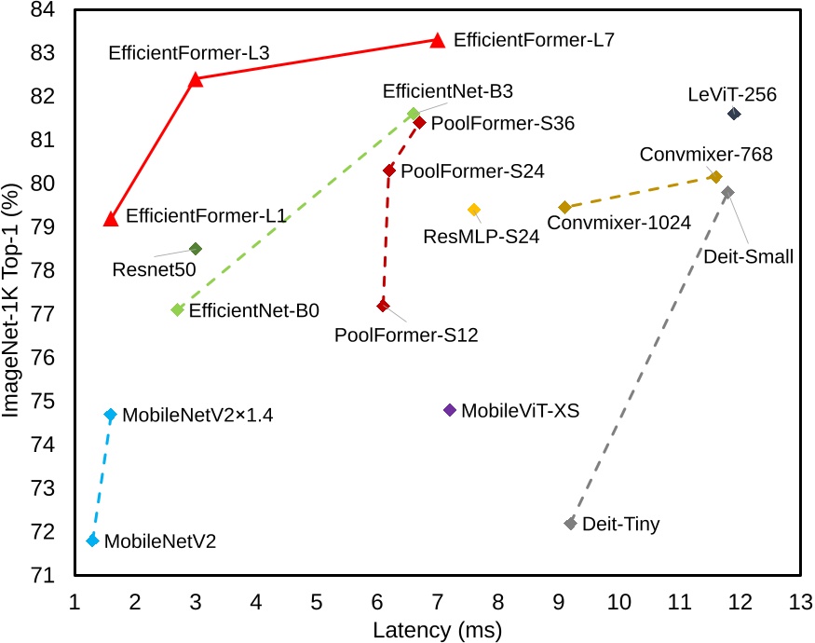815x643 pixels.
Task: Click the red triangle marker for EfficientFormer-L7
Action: (438, 40)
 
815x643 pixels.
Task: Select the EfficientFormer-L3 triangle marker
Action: (196, 79)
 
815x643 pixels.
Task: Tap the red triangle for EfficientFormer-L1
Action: (111, 218)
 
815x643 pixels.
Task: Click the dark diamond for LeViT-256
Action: (734, 114)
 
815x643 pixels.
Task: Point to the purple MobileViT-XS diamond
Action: (450, 410)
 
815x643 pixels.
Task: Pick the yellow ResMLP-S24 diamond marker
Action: (474, 210)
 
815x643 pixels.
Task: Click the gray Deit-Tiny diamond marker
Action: (570, 524)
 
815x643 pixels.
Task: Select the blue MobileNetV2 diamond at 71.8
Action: (92, 540)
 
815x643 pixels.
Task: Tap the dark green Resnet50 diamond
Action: (196, 249)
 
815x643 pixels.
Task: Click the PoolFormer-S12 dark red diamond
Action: (383, 306)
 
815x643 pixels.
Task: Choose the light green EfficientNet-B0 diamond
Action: (177, 309)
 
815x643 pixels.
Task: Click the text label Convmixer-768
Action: (706, 155)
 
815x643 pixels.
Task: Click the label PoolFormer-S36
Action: (503, 123)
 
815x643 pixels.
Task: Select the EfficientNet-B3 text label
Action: (448, 91)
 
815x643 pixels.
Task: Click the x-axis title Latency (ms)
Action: (437, 630)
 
